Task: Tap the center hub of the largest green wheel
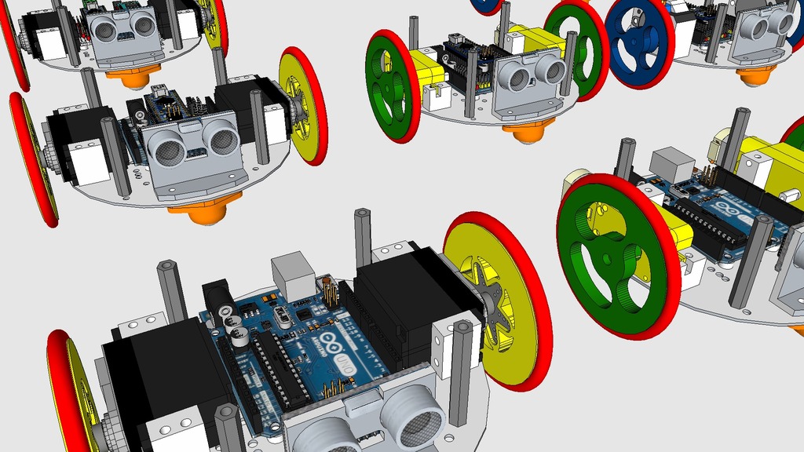608,258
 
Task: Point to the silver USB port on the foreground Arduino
293,275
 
